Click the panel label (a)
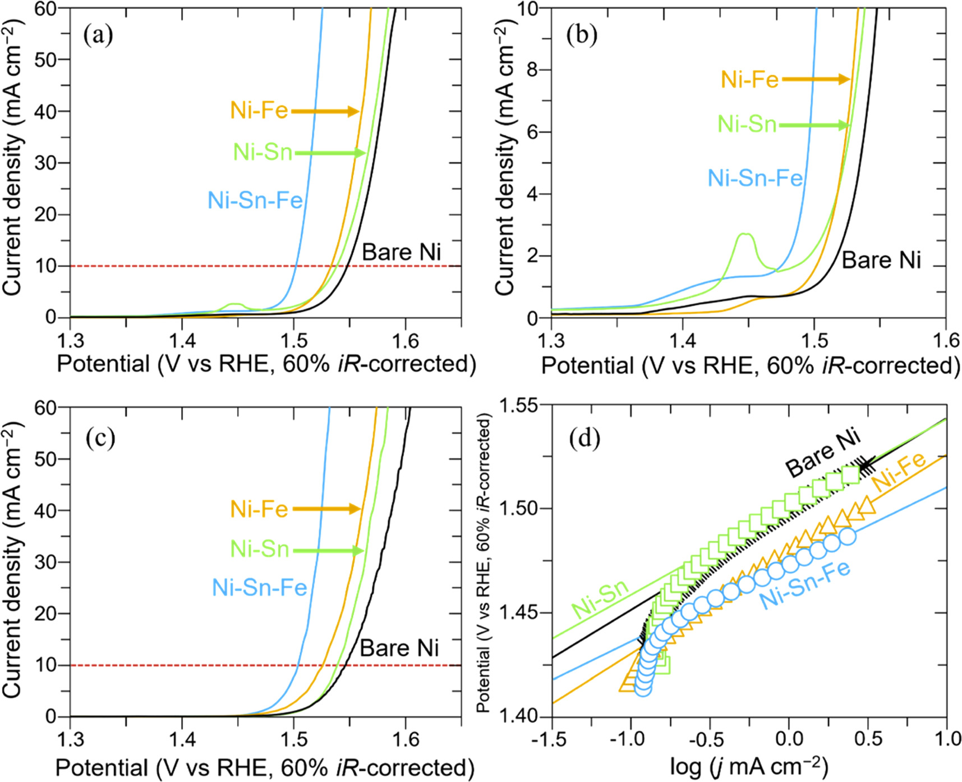pos(98,36)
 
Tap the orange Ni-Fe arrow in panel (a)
pos(325,111)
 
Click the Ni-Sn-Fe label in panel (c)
pos(259,588)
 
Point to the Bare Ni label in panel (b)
pos(881,260)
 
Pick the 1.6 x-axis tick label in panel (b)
pos(946,340)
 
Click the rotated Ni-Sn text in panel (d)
pos(599,599)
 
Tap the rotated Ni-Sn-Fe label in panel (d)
pos(804,584)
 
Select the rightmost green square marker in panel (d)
pos(850,475)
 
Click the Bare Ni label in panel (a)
pos(401,253)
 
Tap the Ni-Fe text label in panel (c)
pos(259,509)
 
